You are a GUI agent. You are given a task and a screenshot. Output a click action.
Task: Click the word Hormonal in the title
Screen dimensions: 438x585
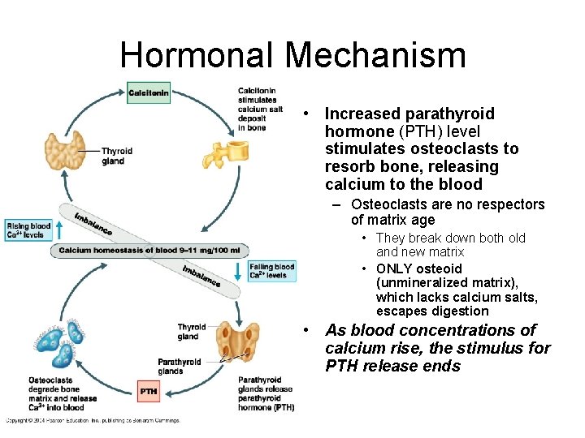click(197, 54)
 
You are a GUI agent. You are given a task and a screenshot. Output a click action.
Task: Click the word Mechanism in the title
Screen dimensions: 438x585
click(376, 54)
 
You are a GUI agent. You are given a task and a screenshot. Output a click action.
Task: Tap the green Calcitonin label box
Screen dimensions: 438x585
click(149, 93)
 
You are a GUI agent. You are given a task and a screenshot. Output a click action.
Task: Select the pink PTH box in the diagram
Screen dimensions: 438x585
click(149, 392)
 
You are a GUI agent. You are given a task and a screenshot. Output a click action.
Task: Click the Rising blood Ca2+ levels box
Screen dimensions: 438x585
click(28, 230)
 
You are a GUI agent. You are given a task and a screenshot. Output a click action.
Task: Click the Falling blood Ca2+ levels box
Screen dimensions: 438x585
click(272, 271)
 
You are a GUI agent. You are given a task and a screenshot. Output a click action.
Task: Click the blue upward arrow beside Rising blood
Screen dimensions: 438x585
click(59, 230)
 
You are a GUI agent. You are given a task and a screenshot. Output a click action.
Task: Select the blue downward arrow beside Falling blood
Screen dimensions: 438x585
click(238, 271)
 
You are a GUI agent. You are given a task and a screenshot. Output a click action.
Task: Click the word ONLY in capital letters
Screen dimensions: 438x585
click(394, 268)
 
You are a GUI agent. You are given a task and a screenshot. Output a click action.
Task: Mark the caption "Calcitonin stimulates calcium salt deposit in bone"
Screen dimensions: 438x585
click(260, 109)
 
